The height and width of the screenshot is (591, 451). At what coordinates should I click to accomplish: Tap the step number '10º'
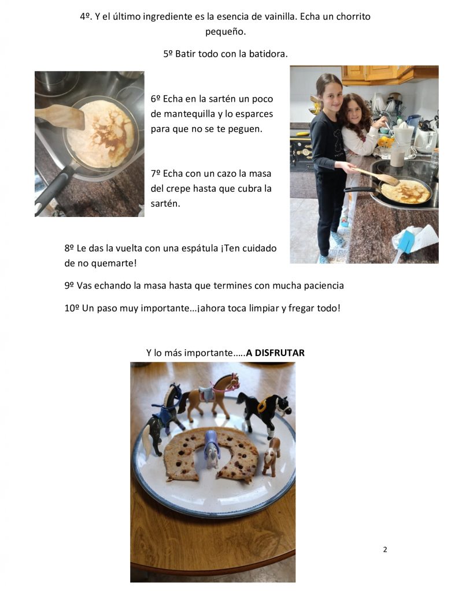[72, 308]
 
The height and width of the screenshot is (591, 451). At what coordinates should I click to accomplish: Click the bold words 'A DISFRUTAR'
[275, 353]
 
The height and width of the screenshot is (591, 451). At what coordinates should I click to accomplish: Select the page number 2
[385, 549]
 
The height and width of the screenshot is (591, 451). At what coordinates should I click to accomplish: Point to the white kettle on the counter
[426, 139]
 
